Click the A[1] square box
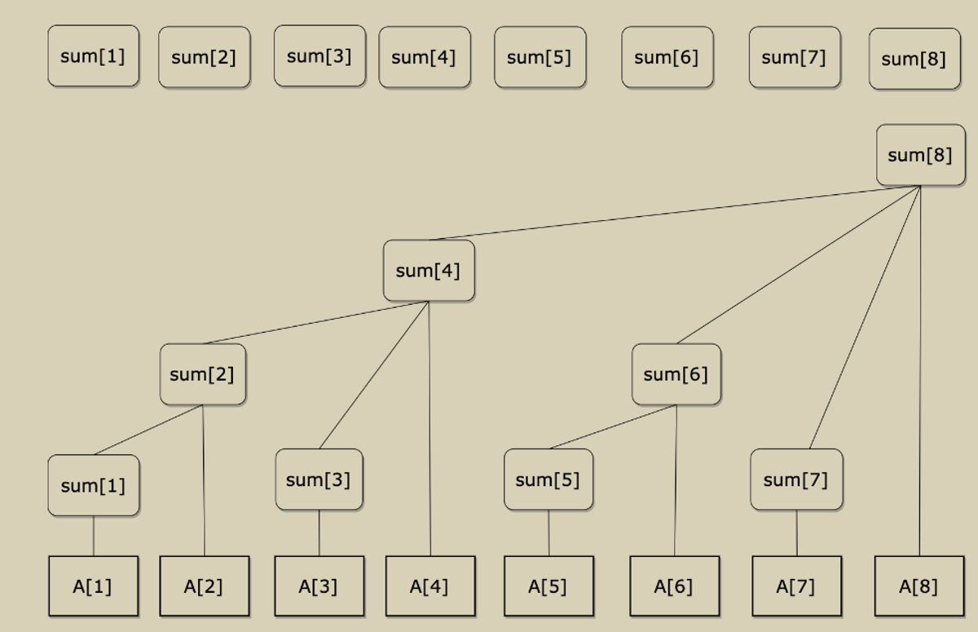pos(93,586)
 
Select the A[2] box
pos(204,586)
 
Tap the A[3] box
pos(319,586)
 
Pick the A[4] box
pos(430,586)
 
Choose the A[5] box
pos(548,586)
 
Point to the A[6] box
pos(674,586)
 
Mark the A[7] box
pos(796,586)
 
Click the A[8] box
pos(919,586)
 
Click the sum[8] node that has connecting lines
pos(920,155)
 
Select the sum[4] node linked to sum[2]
pos(429,271)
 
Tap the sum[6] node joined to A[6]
pos(676,374)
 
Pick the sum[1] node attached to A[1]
pos(93,485)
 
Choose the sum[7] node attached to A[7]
pos(795,480)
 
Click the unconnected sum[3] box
pos(319,55)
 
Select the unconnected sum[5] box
pos(540,57)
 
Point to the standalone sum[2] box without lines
pos(204,57)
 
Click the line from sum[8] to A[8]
pos(920,367)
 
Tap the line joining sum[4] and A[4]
pos(430,424)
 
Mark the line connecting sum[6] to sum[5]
pos(613,426)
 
